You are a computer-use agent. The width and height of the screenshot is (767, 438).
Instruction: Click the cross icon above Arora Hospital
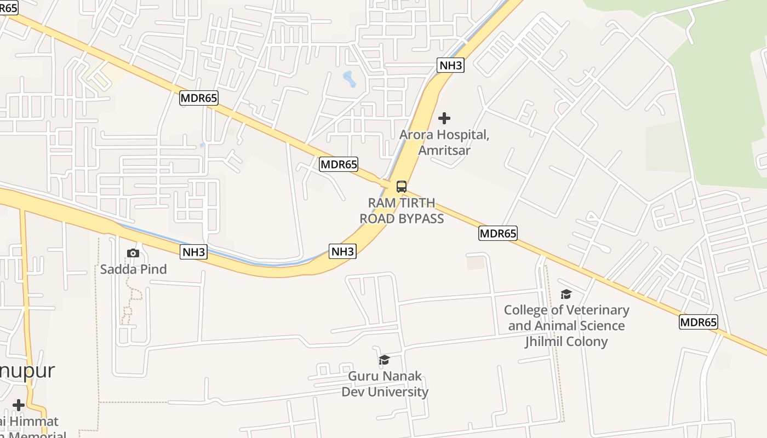click(444, 118)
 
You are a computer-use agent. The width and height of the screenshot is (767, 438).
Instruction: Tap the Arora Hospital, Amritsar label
click(444, 142)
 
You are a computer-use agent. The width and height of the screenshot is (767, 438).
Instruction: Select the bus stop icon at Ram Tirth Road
click(402, 186)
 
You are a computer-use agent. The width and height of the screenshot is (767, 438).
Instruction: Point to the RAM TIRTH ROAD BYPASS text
click(402, 211)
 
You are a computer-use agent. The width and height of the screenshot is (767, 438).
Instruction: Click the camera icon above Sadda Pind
click(133, 253)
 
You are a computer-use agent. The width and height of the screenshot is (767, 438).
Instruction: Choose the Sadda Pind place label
click(133, 269)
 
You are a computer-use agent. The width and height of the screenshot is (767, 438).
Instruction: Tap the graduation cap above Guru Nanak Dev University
click(384, 360)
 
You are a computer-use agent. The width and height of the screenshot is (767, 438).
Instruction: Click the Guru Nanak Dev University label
click(385, 384)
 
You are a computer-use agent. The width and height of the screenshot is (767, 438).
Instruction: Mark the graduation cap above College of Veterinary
click(566, 295)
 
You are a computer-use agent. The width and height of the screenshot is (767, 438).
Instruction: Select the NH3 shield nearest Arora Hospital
click(451, 66)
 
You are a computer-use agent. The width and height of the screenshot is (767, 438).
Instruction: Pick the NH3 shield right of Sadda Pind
click(194, 252)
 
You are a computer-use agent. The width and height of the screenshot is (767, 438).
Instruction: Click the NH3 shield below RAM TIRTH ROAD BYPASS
click(343, 251)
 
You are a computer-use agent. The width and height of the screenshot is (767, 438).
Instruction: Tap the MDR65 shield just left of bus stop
click(339, 164)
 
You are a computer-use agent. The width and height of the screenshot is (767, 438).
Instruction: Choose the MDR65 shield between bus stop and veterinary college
click(498, 233)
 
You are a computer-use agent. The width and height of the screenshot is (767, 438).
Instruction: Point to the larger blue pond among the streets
click(349, 79)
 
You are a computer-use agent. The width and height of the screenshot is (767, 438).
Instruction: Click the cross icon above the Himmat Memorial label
click(19, 405)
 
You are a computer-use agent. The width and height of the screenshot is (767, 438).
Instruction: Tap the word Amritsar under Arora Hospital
click(444, 150)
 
